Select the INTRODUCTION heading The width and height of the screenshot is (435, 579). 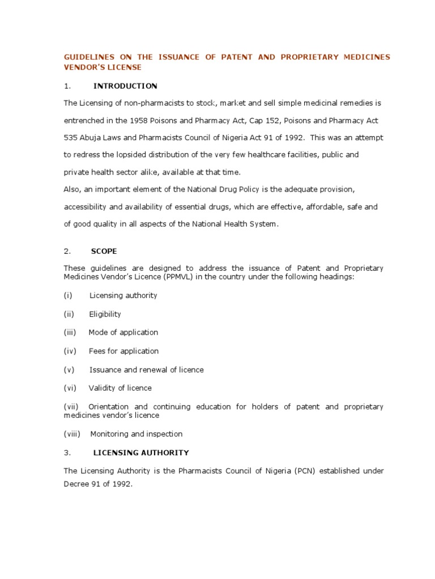125,86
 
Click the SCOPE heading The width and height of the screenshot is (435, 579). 104,251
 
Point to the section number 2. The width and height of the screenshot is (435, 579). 66,251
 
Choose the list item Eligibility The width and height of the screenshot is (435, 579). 105,314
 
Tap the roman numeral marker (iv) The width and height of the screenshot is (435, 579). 70,351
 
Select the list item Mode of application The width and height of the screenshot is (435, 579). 123,332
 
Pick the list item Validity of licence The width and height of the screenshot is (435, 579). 120,388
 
